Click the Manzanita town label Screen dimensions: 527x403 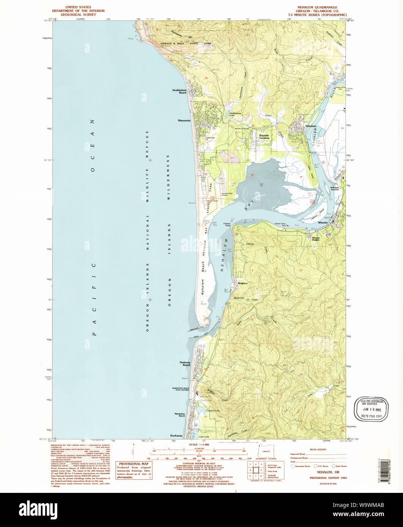[x=183, y=121]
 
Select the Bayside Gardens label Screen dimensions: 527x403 [x=264, y=137]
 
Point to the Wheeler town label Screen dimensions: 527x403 [x=323, y=223]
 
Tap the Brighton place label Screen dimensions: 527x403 [x=243, y=283]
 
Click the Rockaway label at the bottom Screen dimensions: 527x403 [x=176, y=435]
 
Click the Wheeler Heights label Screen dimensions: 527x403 [x=316, y=239]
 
